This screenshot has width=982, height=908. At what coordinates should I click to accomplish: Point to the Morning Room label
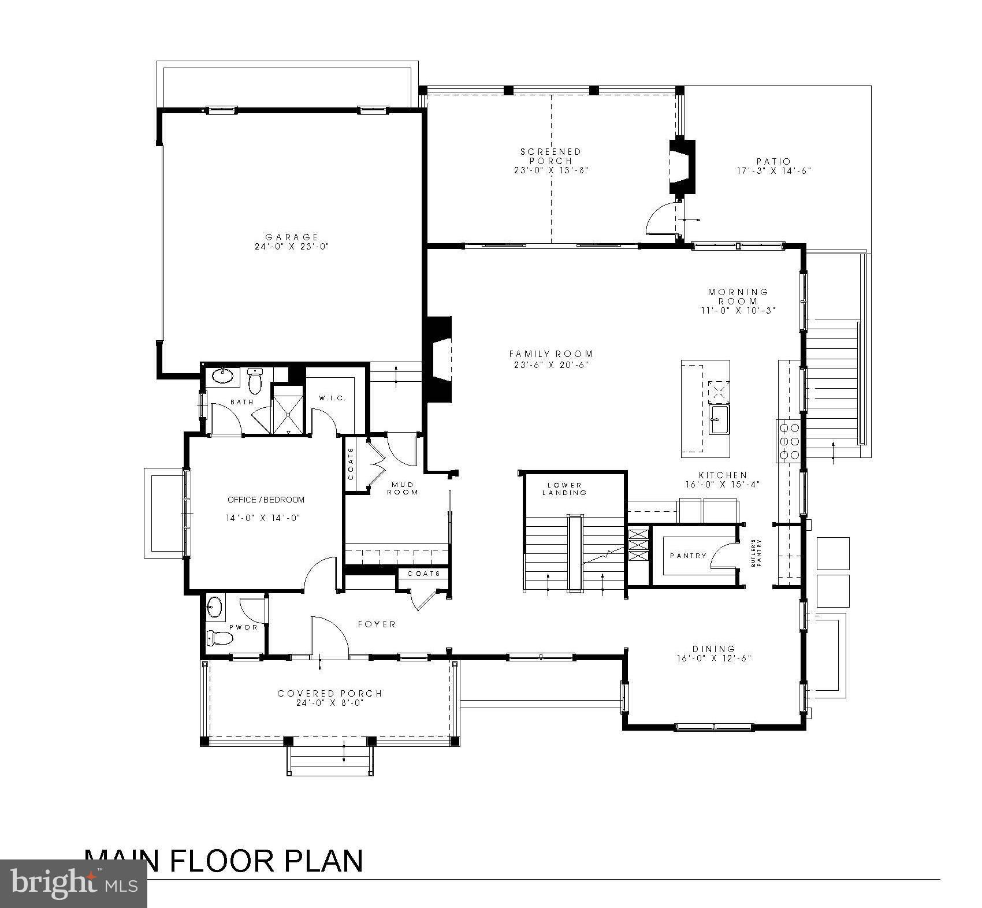coord(738,296)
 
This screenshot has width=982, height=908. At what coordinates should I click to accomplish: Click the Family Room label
coord(551,354)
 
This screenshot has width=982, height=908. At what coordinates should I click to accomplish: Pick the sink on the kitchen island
coord(719,419)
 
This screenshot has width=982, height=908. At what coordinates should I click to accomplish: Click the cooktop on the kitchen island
coord(719,392)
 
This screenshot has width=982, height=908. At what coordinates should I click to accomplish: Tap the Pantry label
coord(688,556)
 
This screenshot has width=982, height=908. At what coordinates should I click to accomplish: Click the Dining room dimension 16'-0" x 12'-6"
coord(713,658)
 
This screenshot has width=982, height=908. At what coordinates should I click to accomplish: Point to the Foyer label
coord(377,624)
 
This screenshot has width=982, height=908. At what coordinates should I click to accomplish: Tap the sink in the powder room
coord(215,606)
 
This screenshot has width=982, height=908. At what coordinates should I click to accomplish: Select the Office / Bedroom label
coord(266,500)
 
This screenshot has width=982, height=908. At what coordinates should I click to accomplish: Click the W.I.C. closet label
coord(332,399)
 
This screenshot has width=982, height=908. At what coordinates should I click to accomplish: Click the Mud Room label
coord(402,488)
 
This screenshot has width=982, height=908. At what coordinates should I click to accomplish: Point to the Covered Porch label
coord(330,694)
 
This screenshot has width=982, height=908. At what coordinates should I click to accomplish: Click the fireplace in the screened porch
coord(682,168)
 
